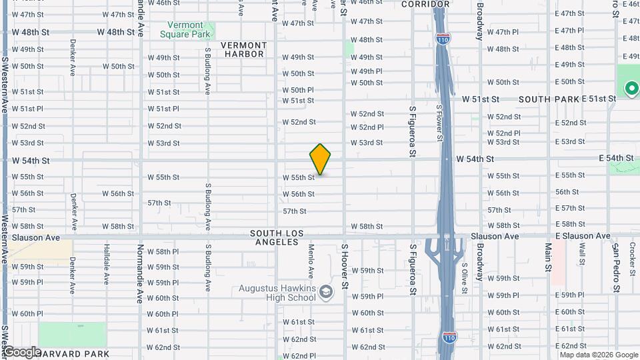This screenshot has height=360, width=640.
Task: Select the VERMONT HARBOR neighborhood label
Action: coord(243,49)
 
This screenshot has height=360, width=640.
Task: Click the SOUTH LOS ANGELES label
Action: coord(277,237)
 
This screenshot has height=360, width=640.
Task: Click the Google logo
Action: coord(22,352)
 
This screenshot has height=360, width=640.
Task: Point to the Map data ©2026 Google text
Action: coord(598,355)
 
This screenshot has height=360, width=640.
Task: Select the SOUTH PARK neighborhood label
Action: coord(548,99)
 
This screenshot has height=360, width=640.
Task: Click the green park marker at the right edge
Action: coord(630,88)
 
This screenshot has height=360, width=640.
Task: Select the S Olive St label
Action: coord(464,277)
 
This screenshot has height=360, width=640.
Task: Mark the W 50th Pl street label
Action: coord(298,90)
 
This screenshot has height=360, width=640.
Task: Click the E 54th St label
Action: coord(615,157)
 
